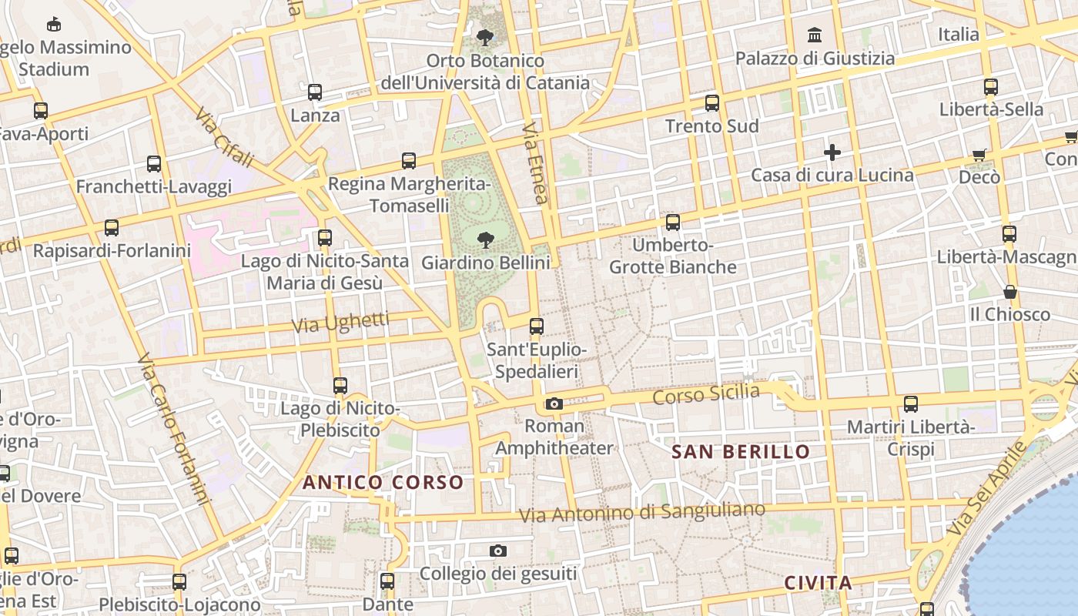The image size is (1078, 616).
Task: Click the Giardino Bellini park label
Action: tap(486, 263)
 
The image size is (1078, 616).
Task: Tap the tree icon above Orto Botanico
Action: tap(485, 36)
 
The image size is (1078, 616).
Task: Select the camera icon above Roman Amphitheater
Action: tap(554, 403)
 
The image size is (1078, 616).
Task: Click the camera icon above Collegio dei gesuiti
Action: tap(498, 551)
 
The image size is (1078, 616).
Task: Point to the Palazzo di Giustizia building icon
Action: tap(815, 35)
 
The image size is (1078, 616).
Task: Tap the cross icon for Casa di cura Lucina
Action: tap(832, 152)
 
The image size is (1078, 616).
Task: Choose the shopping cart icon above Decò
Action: tap(979, 155)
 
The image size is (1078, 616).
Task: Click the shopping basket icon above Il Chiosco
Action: tap(1010, 292)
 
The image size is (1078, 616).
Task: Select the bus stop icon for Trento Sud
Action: tap(712, 102)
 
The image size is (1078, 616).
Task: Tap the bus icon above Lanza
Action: tap(315, 92)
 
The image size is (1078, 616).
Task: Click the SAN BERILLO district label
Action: tap(741, 452)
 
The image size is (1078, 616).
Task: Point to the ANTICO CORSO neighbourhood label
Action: tap(383, 483)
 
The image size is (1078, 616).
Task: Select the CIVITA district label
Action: tap(818, 583)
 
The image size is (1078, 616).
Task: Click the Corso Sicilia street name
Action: tap(705, 394)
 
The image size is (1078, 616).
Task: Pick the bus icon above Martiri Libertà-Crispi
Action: tap(911, 403)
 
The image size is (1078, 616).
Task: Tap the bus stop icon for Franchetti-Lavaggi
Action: tap(154, 163)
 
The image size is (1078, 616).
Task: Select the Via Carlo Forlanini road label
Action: tap(174, 430)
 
